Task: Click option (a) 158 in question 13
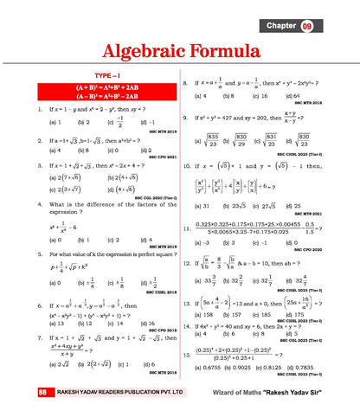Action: (207, 315)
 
